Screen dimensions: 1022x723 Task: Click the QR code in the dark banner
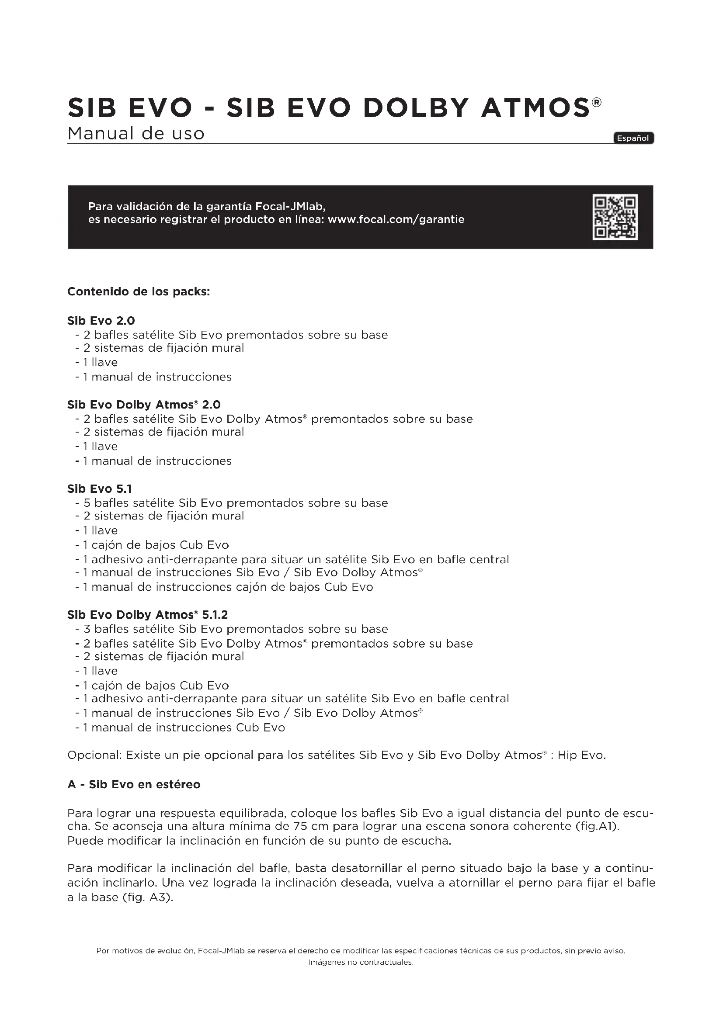615,217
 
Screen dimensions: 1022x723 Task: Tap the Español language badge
633,138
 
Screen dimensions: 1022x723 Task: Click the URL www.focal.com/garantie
396,219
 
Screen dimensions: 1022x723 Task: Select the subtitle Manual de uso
136,134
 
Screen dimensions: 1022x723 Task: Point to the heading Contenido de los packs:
139,292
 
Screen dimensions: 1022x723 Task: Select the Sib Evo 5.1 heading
99,489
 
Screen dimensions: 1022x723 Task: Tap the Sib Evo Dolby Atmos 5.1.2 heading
147,615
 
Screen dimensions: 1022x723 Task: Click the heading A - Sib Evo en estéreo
134,784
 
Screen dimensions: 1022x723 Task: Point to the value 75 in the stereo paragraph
301,827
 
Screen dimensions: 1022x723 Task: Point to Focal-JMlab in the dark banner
289,207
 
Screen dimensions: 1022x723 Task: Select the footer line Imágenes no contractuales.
361,962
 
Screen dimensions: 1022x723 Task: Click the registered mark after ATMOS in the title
597,102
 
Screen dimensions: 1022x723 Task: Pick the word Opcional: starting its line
94,755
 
